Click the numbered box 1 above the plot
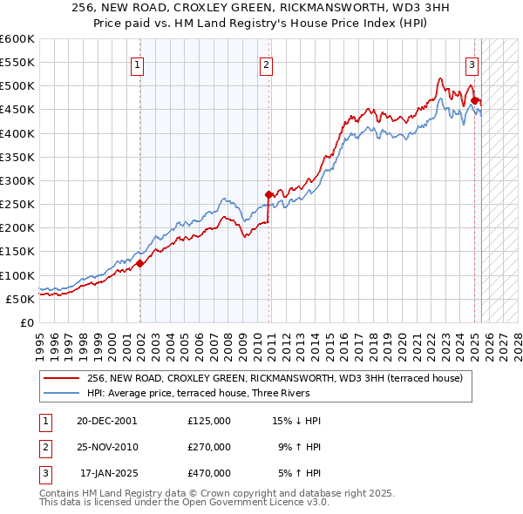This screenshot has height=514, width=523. click(138, 64)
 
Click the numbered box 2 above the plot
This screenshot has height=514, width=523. click(265, 64)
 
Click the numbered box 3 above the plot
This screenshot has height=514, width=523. click(472, 64)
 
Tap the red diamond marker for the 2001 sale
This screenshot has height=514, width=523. click(139, 263)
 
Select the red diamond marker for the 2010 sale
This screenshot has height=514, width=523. click(268, 194)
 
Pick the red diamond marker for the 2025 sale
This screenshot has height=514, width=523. click(475, 100)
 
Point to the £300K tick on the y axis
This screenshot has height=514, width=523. click(17, 180)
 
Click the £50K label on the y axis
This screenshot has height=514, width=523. click(19, 299)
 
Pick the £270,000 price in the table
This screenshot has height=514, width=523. click(208, 447)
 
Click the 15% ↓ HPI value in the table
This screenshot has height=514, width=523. click(297, 421)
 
